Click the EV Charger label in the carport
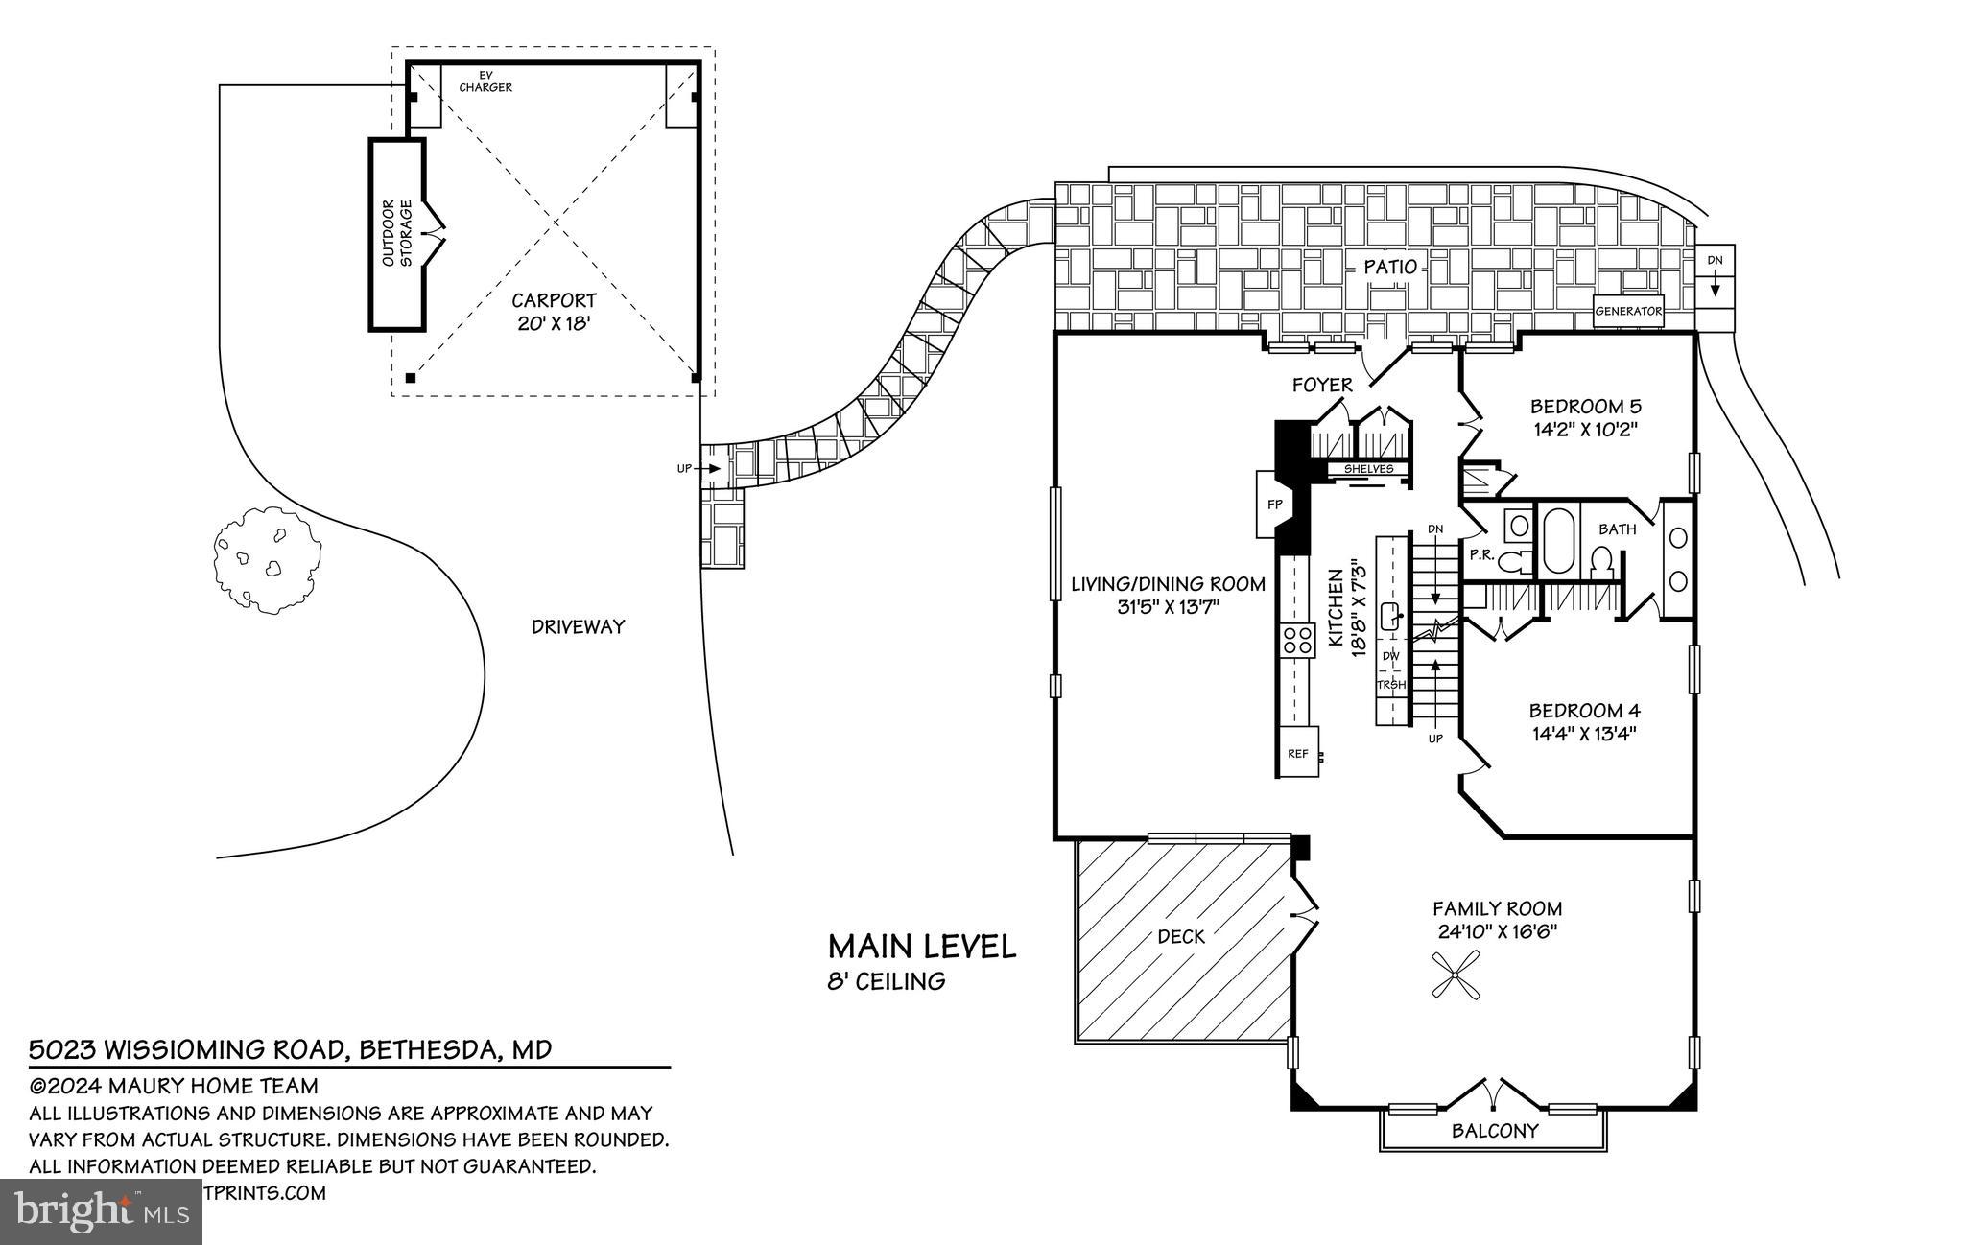485,82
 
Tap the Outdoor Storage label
397,233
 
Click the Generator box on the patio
1628,312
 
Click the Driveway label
578,627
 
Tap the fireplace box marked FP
1275,505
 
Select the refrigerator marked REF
1297,754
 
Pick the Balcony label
1494,1131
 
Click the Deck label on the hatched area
1180,936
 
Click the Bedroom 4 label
1584,711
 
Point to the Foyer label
1322,386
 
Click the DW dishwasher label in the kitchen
1391,656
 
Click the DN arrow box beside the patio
1716,273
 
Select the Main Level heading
921,948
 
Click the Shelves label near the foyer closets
1367,469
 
